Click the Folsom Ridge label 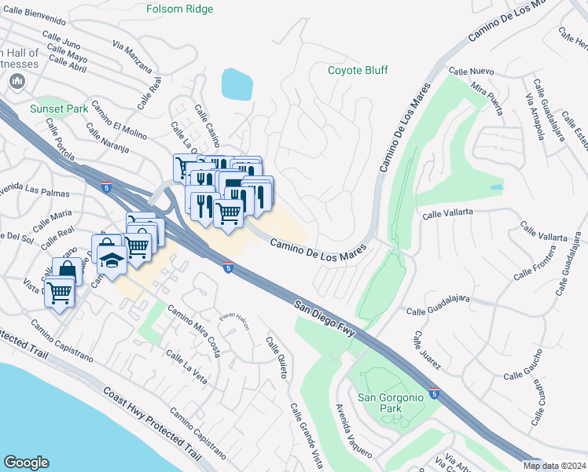click(x=180, y=9)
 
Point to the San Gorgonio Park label click(x=391, y=403)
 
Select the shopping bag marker click(x=68, y=271)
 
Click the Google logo click(x=26, y=463)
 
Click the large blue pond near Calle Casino click(x=237, y=83)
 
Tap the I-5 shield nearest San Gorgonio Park click(x=435, y=392)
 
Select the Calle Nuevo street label click(x=471, y=71)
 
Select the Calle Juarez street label click(x=428, y=351)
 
